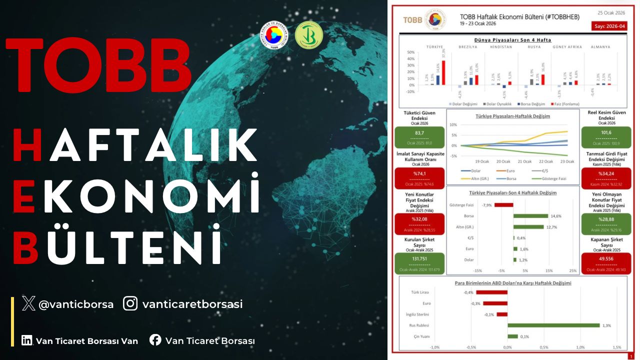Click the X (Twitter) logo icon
click(x=29, y=303)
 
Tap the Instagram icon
click(x=130, y=303)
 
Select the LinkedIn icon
click(x=27, y=340)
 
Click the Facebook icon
click(x=155, y=340)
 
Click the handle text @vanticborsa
click(x=76, y=304)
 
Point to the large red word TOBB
click(x=98, y=64)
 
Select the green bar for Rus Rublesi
click(x=553, y=325)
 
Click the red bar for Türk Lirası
click(x=491, y=292)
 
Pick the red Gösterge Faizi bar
click(x=503, y=204)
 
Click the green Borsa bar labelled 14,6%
click(x=530, y=216)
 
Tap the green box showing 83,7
click(x=419, y=136)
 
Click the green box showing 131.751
click(x=419, y=262)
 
